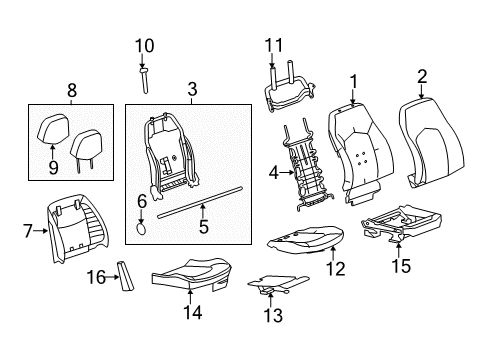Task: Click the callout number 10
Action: (x=145, y=45)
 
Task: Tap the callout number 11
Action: (x=275, y=45)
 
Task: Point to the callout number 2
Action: (x=422, y=75)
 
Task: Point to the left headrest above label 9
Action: (x=54, y=129)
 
